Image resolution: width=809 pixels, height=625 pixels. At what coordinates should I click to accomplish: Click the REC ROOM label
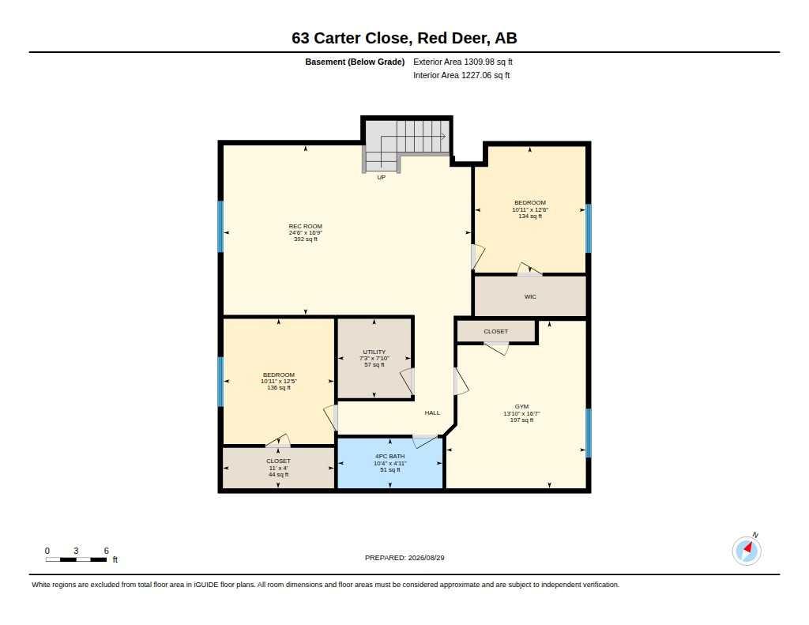click(306, 226)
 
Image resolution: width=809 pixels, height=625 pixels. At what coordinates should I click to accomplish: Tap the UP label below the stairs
click(382, 177)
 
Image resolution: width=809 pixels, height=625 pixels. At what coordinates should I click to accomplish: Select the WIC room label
click(530, 297)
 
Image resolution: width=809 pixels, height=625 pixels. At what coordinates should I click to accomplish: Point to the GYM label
click(521, 407)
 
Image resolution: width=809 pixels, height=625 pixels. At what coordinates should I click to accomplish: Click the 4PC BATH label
click(390, 456)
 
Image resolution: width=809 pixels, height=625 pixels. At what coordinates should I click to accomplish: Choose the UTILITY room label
click(374, 352)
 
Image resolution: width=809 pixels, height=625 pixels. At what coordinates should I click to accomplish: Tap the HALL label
click(432, 412)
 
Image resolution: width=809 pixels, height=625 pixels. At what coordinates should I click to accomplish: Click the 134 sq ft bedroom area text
click(530, 216)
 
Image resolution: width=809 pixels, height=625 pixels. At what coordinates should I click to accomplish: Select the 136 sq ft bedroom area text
click(279, 388)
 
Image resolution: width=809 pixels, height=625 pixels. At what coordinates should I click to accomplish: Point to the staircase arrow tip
click(445, 136)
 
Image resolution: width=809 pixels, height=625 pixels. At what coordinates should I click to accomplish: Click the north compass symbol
click(747, 550)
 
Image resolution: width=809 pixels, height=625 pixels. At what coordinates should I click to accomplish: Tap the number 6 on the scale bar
click(107, 551)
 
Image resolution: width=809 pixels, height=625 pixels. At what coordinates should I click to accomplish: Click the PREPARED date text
click(404, 557)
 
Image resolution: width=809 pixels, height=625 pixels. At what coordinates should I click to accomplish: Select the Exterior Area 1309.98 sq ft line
click(463, 62)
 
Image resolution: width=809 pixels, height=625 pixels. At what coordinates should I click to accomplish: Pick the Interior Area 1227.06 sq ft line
click(461, 75)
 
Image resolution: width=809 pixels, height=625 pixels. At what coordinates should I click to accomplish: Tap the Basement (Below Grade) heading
click(355, 62)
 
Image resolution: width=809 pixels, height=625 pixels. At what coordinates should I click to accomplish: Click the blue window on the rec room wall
click(220, 227)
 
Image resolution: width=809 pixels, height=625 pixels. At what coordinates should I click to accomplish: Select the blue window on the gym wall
click(588, 433)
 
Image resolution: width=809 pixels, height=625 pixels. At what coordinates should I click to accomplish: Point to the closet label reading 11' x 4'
click(279, 468)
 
